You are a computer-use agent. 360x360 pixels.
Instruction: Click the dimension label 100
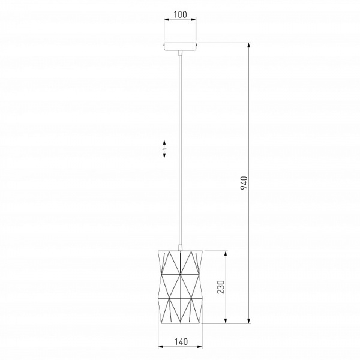180,14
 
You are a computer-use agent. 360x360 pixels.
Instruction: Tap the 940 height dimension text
244,183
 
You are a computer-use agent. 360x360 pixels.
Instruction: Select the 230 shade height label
221,287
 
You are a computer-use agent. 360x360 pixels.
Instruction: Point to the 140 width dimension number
181,342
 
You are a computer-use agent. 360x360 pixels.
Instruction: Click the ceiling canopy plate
180,47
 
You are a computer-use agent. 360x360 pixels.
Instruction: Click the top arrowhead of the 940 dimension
249,46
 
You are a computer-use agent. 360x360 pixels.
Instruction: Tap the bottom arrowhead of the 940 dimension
249,321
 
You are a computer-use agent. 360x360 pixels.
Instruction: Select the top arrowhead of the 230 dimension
226,253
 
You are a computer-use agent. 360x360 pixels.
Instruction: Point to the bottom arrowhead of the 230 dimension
226,321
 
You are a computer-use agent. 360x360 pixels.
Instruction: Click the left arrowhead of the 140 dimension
161,346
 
